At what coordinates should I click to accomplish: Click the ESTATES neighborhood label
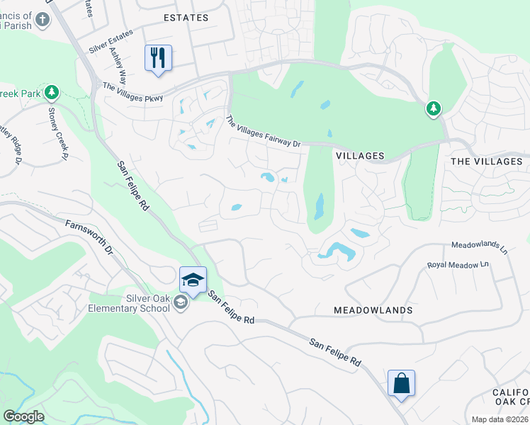pos(186,18)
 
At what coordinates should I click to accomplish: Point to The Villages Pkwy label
pos(132,93)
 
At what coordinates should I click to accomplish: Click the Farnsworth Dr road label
pos(89,237)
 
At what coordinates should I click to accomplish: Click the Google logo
pos(23,416)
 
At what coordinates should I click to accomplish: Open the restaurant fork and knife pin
pos(158,58)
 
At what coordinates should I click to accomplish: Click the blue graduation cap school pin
pos(193,280)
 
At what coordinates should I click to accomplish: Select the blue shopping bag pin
pos(401,383)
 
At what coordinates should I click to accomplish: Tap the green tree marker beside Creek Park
pos(51,92)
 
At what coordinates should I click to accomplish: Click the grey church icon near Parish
pos(43,18)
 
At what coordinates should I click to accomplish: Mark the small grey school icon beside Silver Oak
pos(181,303)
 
